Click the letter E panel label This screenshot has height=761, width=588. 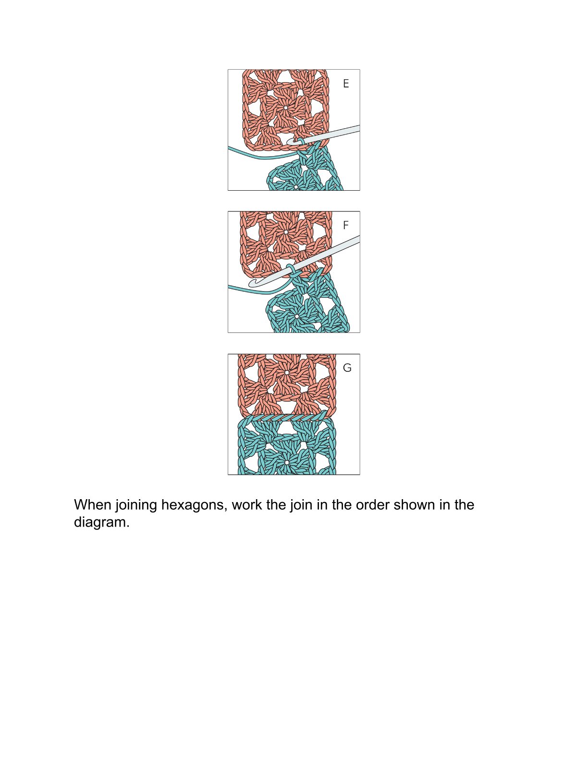pyautogui.click(x=346, y=83)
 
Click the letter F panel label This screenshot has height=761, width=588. pyautogui.click(x=346, y=225)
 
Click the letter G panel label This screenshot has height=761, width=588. pyautogui.click(x=347, y=368)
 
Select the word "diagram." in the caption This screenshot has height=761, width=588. pyautogui.click(x=101, y=523)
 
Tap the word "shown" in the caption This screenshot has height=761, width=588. pyautogui.click(x=414, y=505)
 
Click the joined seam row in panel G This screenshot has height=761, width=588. pyautogui.click(x=287, y=418)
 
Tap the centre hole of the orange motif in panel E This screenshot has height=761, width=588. pyautogui.click(x=286, y=108)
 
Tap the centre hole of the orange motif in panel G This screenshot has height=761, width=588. pyautogui.click(x=286, y=373)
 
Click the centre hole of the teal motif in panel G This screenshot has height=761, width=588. pyautogui.click(x=287, y=463)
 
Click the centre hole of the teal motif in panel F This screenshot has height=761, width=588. pyautogui.click(x=297, y=316)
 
